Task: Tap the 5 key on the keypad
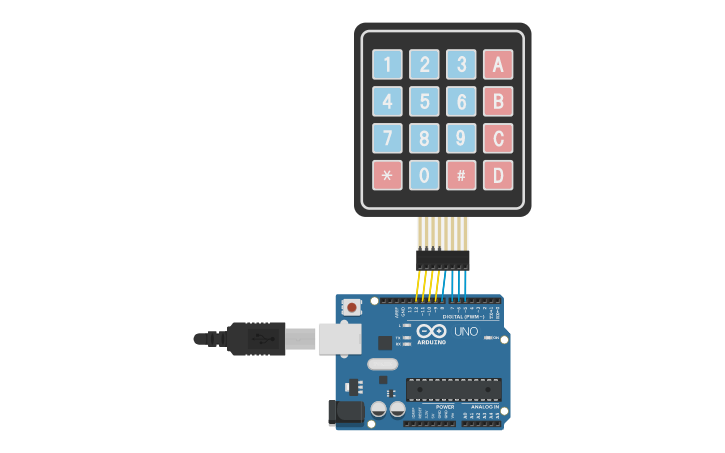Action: pyautogui.click(x=424, y=101)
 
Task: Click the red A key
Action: pyautogui.click(x=497, y=65)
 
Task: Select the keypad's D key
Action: pyautogui.click(x=497, y=175)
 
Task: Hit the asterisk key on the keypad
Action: pyautogui.click(x=387, y=175)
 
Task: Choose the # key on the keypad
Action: pyautogui.click(x=461, y=175)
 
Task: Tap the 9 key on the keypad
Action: pyautogui.click(x=461, y=138)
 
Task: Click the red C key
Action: pyautogui.click(x=497, y=138)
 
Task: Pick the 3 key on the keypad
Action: pyautogui.click(x=461, y=65)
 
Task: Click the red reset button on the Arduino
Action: pyautogui.click(x=351, y=308)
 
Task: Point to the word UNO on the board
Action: pyautogui.click(x=466, y=331)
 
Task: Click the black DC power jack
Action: pyautogui.click(x=344, y=412)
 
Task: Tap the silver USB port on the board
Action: pyautogui.click(x=336, y=338)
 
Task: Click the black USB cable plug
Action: pyautogui.click(x=255, y=338)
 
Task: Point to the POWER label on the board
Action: pyautogui.click(x=445, y=407)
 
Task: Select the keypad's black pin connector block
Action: pyautogui.click(x=442, y=259)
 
